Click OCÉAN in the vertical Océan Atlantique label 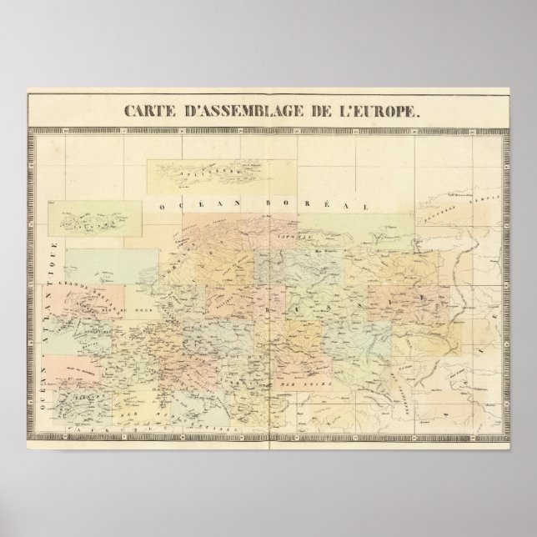point(48,371)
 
